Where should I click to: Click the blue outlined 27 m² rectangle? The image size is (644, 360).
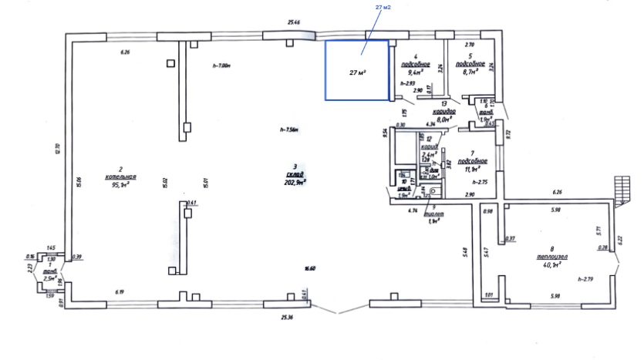click(357, 69)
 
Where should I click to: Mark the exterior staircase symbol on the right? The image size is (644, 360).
click(620, 187)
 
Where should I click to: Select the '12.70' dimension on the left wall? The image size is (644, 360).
click(57, 148)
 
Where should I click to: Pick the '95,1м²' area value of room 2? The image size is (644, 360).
click(120, 184)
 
